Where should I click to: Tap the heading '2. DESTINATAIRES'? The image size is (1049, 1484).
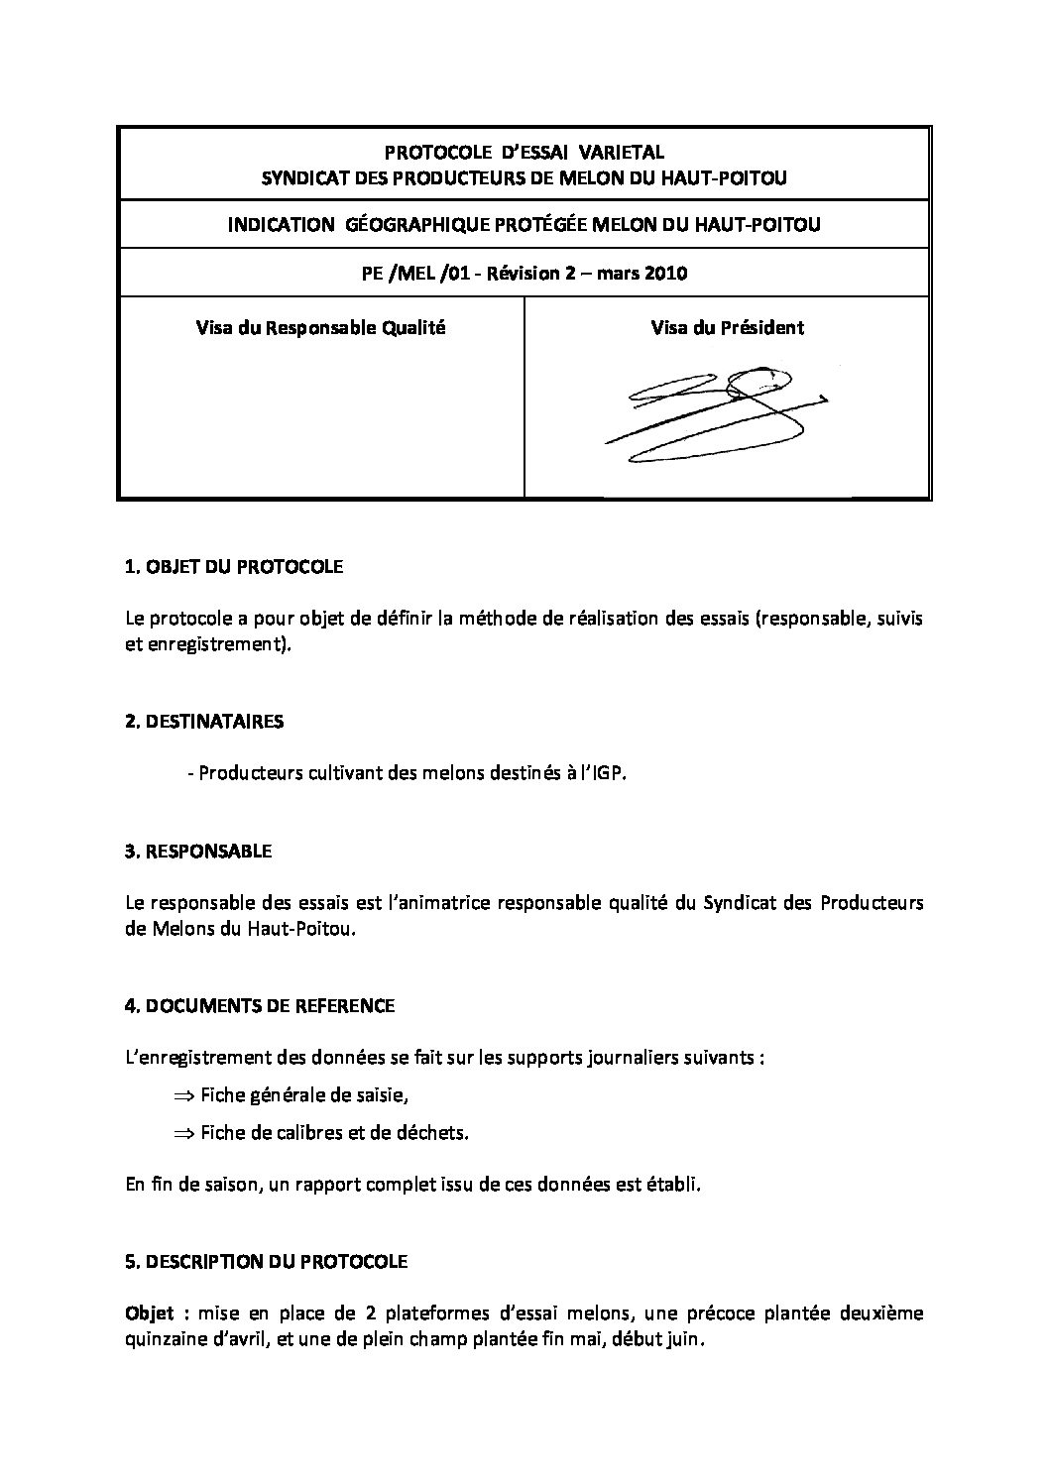(x=204, y=721)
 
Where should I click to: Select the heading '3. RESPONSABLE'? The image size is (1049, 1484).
(x=198, y=851)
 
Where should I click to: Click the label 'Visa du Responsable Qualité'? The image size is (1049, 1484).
(x=320, y=327)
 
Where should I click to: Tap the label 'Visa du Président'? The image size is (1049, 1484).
(x=727, y=327)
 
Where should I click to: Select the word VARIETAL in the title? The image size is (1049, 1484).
(x=622, y=153)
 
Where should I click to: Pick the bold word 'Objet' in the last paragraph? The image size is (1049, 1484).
(x=150, y=1313)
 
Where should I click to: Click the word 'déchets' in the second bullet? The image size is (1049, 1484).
(x=434, y=1132)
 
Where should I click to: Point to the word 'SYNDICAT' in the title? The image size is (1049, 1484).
(x=300, y=178)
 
